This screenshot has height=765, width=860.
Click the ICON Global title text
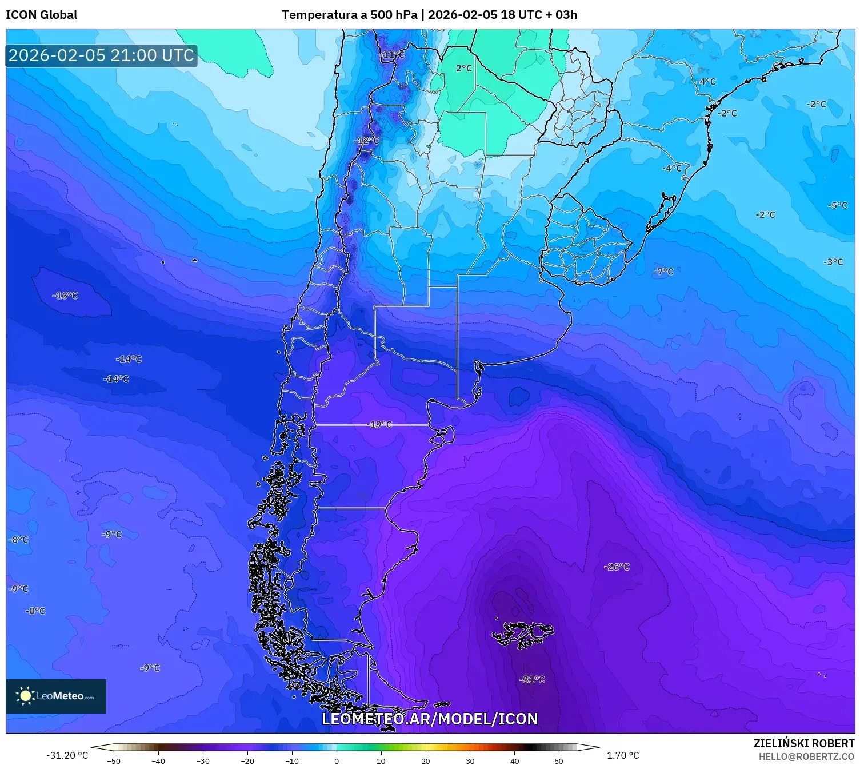(x=41, y=15)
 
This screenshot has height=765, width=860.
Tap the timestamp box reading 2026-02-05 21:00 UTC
(x=101, y=55)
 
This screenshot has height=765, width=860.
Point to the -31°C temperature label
(x=532, y=679)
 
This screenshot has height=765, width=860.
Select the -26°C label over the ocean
(x=617, y=567)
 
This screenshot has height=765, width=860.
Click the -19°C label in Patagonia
(x=379, y=424)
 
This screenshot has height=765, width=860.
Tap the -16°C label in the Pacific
(x=65, y=296)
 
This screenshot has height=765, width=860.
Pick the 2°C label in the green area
(x=464, y=68)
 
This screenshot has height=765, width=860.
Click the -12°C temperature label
(x=366, y=140)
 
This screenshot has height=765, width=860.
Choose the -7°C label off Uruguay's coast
(x=663, y=271)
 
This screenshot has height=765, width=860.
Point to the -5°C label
(x=837, y=205)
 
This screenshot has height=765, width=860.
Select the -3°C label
(x=833, y=262)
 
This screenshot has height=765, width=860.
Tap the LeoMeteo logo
(x=56, y=696)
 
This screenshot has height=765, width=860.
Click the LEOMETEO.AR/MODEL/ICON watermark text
(x=430, y=719)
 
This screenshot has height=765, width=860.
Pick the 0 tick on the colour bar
(x=337, y=760)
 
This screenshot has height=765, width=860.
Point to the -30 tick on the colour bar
(x=203, y=760)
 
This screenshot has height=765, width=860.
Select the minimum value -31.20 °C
(x=67, y=755)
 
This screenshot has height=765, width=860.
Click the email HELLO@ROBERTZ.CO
(x=806, y=756)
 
